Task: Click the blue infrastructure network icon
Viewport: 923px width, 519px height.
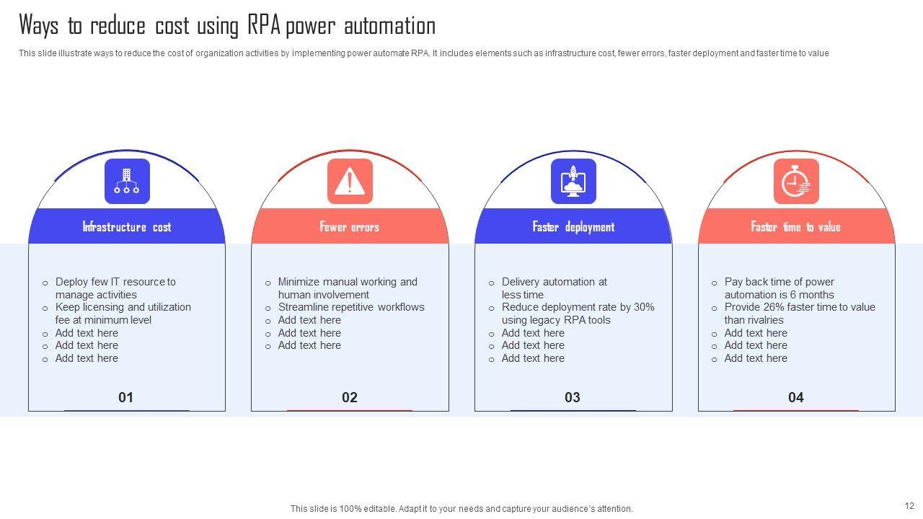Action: coord(127,181)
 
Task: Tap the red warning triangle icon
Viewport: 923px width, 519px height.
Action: coord(350,181)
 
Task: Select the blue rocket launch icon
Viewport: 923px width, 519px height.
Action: coord(573,181)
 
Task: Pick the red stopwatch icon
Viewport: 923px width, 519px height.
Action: coord(796,181)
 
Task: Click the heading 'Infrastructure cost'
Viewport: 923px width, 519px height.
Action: coord(127,227)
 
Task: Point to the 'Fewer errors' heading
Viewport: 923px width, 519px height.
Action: coord(350,227)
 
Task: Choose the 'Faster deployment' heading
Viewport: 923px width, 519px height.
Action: coord(573,227)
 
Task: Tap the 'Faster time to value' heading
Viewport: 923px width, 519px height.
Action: coord(795,227)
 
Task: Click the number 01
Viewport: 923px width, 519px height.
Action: coord(125,397)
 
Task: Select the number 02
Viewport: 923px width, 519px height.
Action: coord(350,397)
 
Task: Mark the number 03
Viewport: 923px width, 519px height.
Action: coord(573,397)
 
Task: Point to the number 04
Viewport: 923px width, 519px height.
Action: coord(795,397)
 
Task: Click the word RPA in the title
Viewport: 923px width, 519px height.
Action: coord(264,25)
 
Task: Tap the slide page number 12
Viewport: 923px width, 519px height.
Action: coord(909,506)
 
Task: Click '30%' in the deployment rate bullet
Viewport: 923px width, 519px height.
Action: coord(644,307)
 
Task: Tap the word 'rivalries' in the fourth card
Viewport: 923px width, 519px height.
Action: coord(766,320)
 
